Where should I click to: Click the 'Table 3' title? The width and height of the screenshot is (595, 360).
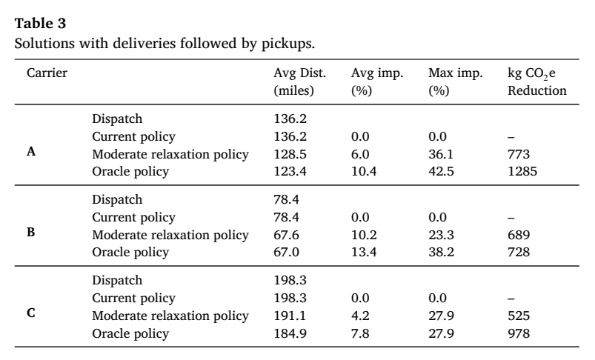(x=40, y=24)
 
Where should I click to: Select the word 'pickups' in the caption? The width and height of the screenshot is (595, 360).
(x=287, y=44)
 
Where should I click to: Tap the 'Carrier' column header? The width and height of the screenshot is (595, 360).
(x=47, y=73)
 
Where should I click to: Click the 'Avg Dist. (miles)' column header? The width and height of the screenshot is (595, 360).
(x=300, y=81)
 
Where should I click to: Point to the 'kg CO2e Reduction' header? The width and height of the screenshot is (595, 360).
(x=537, y=81)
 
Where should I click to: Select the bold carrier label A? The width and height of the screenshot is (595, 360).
(x=31, y=152)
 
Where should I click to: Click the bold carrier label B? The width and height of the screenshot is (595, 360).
(x=31, y=232)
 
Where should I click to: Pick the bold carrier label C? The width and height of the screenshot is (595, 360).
(x=31, y=313)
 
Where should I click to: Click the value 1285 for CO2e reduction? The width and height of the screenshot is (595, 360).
(x=522, y=171)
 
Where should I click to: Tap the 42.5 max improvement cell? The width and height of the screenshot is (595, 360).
(x=441, y=171)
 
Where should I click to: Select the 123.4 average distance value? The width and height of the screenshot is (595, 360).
(x=290, y=171)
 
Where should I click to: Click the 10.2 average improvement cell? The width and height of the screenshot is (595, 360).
(x=364, y=236)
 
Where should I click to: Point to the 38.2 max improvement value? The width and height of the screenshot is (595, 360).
(x=441, y=253)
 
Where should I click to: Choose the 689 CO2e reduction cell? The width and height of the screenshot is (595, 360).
(x=519, y=236)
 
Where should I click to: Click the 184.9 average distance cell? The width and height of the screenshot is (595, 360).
(x=290, y=333)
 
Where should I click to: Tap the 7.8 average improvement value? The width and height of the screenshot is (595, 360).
(x=360, y=333)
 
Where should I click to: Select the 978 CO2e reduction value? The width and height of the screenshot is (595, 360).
(x=519, y=333)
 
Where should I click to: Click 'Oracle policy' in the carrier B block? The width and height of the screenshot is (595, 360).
(x=130, y=253)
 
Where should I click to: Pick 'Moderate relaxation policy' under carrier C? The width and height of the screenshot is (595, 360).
(x=170, y=316)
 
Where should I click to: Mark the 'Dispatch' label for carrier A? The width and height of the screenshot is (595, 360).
(x=117, y=119)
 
